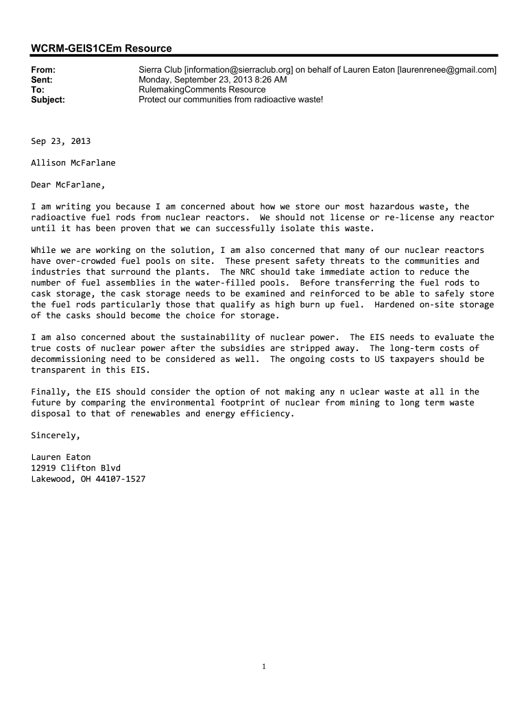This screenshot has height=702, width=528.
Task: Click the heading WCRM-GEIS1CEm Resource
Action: click(x=101, y=48)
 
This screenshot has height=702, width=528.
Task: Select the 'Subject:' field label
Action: click(x=48, y=99)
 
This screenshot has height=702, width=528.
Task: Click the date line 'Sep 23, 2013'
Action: click(x=60, y=141)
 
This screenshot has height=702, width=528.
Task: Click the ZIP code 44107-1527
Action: click(x=120, y=479)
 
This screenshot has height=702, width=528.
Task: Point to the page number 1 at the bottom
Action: click(x=264, y=666)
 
